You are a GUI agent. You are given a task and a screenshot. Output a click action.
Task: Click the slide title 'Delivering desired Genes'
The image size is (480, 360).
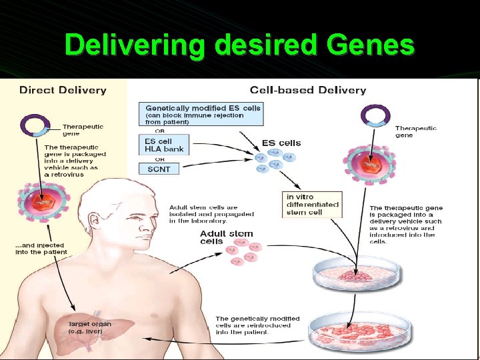tap(239, 46)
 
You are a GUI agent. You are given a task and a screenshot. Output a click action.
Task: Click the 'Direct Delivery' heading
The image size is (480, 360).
tap(63, 89)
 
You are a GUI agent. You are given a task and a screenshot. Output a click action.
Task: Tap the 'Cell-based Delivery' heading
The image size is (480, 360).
tap(307, 89)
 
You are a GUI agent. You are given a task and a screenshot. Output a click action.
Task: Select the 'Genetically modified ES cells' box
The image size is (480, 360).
tap(203, 114)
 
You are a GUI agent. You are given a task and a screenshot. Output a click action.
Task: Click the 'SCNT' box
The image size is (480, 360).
tap(159, 169)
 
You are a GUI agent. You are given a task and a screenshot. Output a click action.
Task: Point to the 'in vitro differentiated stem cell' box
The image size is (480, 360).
tap(312, 205)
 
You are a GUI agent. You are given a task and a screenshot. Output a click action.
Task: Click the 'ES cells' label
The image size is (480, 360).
tap(281, 143)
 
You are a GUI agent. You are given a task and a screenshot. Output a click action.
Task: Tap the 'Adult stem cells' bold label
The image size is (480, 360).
tap(226, 237)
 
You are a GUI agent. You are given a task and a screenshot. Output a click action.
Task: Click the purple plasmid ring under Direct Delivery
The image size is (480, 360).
tap(35, 125)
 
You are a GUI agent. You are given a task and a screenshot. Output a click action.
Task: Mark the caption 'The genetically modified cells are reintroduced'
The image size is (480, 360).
tap(257, 325)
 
